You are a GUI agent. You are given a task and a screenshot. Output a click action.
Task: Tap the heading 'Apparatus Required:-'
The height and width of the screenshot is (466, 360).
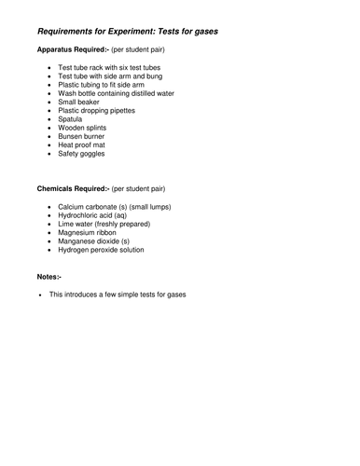(x=72, y=49)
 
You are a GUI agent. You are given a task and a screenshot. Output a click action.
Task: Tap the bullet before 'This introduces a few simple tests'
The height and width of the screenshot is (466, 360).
(x=40, y=295)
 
